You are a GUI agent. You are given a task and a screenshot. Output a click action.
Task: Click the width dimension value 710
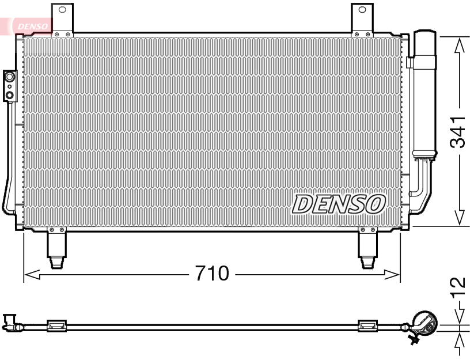[x=211, y=274]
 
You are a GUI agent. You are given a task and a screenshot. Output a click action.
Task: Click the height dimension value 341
[x=458, y=131]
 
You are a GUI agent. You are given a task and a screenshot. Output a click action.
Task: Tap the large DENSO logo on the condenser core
[x=339, y=203]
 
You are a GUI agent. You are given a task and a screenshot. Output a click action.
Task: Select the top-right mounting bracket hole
[x=362, y=10]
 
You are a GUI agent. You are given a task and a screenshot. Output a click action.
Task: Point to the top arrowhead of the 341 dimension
[x=459, y=46]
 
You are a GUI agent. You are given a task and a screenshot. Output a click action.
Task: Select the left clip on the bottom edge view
[x=56, y=326]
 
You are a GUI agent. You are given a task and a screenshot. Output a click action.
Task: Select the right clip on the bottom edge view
[x=367, y=326]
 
